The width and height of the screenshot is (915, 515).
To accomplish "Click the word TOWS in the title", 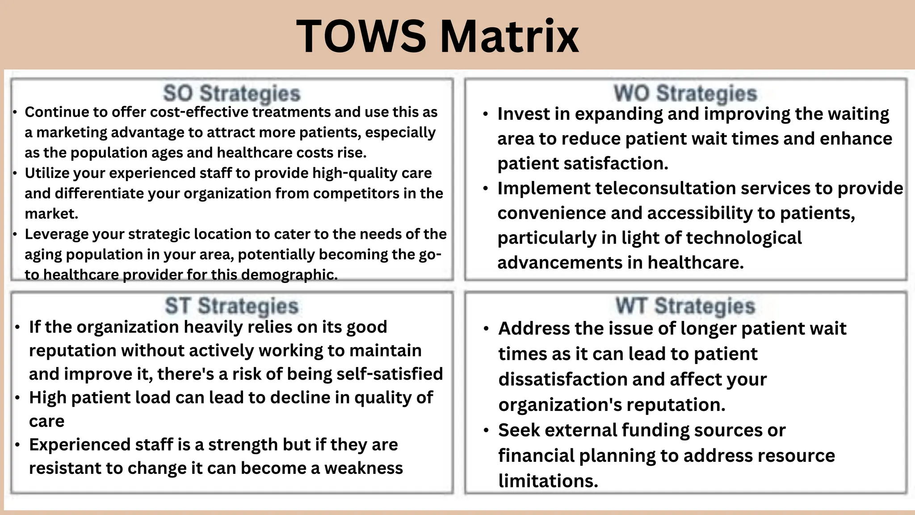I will (361, 37).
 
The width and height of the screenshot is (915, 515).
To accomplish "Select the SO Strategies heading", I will (231, 94).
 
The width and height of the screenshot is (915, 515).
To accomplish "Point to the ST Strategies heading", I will (231, 306).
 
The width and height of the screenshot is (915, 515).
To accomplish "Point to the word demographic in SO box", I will (289, 274).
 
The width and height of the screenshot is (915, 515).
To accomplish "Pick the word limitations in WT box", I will (548, 481).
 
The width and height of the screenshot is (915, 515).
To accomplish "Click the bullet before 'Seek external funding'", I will (486, 431).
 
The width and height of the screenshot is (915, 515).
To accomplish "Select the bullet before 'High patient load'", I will (17, 398).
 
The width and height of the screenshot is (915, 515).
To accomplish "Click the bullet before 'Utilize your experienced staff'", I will (15, 173).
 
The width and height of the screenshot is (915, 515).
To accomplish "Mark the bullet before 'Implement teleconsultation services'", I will (486, 189).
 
